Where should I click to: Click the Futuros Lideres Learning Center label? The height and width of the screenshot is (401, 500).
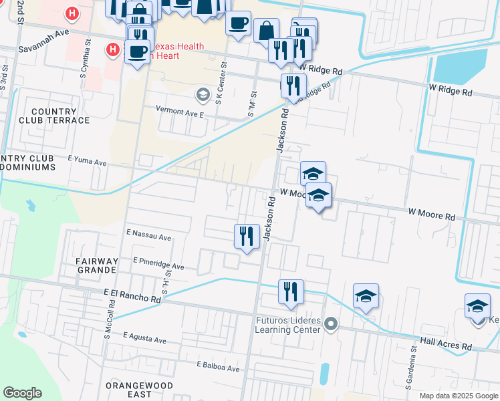click(x=288, y=325)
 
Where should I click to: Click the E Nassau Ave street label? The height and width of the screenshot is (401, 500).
click(x=149, y=237)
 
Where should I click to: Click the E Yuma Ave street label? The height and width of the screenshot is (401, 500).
click(x=88, y=162)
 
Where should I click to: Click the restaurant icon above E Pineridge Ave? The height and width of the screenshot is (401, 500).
click(x=247, y=237)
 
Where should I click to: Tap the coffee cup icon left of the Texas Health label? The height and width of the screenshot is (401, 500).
click(x=137, y=51)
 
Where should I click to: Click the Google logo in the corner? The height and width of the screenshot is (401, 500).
click(x=22, y=393)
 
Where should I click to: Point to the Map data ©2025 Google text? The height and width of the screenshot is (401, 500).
click(x=458, y=396)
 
